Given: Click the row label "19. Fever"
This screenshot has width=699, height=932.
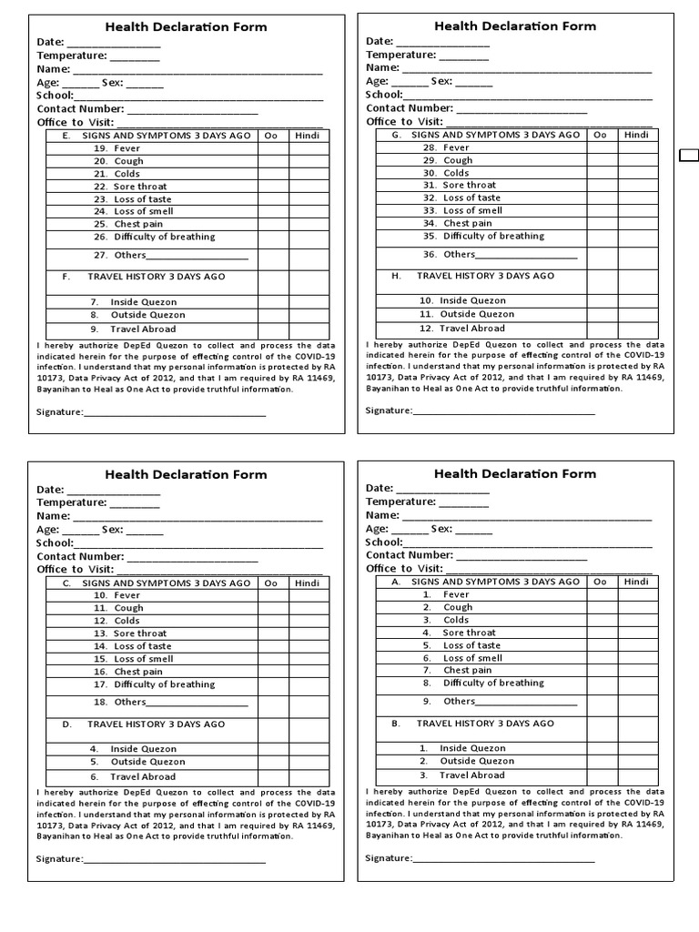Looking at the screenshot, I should click(x=116, y=148).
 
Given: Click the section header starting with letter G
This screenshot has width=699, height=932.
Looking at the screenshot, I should click(x=485, y=135).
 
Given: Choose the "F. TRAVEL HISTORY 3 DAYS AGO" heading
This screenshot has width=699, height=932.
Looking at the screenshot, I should click(x=144, y=276).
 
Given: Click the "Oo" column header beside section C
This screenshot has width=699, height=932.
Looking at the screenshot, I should click(x=270, y=582).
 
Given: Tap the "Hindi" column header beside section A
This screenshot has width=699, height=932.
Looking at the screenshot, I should click(x=636, y=582).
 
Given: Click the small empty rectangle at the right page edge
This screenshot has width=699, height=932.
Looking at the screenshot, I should click(x=689, y=157).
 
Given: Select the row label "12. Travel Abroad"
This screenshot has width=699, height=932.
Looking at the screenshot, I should click(x=461, y=328).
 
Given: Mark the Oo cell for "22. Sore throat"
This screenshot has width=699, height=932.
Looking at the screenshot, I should click(x=272, y=186).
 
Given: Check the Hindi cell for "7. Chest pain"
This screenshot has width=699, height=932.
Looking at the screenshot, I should click(x=637, y=670).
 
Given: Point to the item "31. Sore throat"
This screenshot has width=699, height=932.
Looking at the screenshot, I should click(x=459, y=185).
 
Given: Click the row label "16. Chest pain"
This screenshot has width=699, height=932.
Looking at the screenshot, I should click(x=128, y=672).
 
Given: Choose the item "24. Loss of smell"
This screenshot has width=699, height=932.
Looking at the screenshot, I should click(x=132, y=211).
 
